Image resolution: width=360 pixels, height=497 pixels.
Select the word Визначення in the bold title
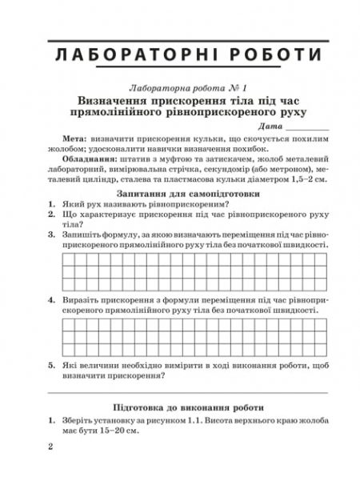pyautogui.click(x=117, y=102)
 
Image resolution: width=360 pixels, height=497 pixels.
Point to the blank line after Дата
pyautogui.click(x=307, y=129)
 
